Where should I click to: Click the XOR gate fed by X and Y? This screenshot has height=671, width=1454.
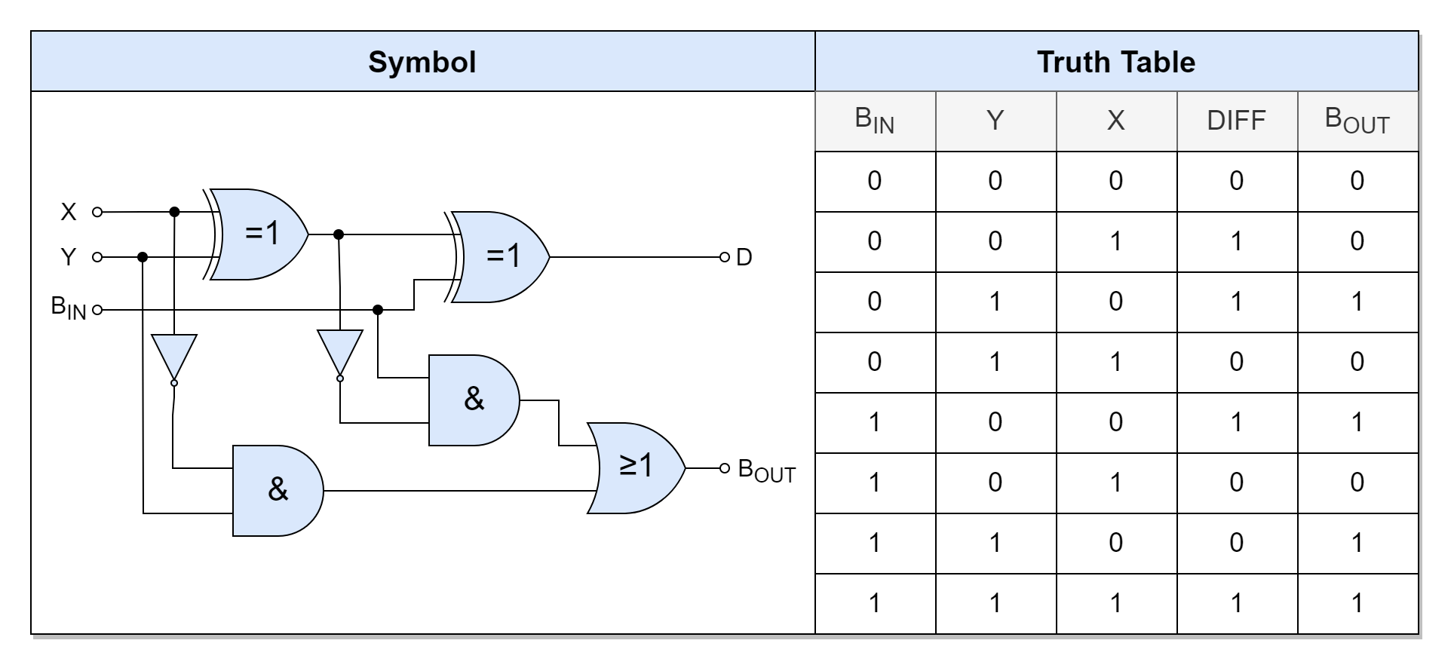pos(260,234)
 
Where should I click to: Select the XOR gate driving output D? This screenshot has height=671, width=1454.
pos(501,257)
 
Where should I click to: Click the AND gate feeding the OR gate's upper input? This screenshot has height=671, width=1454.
pos(473,400)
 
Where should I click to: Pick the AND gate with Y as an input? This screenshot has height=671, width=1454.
pos(277,491)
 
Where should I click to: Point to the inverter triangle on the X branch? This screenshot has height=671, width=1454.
pos(174,356)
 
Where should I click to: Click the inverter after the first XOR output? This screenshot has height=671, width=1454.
pos(339,351)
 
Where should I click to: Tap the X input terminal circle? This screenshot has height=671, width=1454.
pos(97,212)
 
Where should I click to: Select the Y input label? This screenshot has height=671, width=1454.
pos(69,257)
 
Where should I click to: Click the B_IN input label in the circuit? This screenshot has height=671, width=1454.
pos(69,308)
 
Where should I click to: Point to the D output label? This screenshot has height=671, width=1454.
pos(744,258)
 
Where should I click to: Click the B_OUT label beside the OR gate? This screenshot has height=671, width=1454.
pos(766,470)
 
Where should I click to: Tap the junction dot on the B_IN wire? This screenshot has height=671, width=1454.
pos(378,310)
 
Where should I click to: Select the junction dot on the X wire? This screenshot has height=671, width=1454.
pos(174,212)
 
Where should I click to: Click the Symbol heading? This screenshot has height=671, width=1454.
pos(422,62)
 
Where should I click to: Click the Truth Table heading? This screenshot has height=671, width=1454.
pos(1115,62)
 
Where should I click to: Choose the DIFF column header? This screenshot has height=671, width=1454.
pos(1236,121)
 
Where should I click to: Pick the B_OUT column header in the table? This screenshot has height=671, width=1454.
pos(1357,121)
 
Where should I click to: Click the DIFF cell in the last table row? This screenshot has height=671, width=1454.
pos(1236,603)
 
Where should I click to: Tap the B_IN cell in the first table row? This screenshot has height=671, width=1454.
pos(875,181)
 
